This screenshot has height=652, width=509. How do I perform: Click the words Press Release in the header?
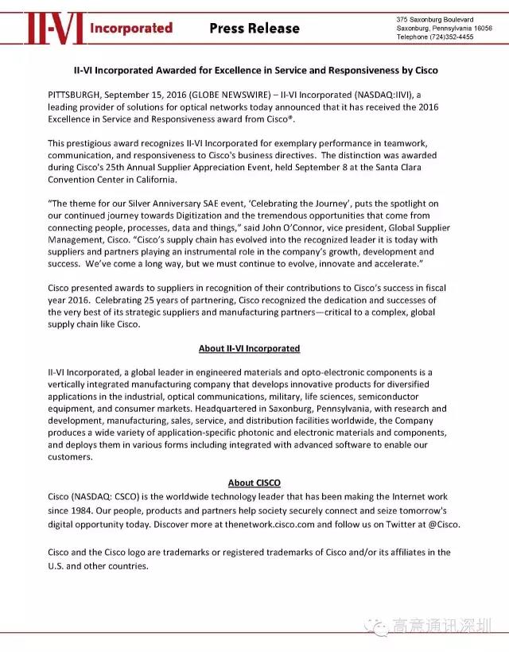coord(254,29)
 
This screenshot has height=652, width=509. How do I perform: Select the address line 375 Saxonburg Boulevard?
coord(434,18)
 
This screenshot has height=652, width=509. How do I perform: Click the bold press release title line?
coord(254,70)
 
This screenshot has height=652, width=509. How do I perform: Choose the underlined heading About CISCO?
coord(254,483)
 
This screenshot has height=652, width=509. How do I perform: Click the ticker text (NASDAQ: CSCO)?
coord(111,495)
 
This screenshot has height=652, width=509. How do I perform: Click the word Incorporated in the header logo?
coord(131,28)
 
